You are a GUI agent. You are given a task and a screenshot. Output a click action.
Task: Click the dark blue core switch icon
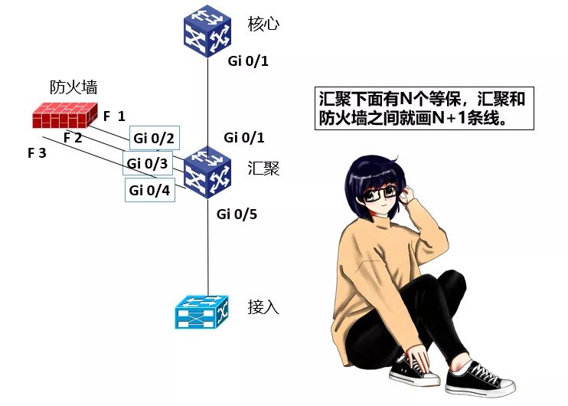point(208,31)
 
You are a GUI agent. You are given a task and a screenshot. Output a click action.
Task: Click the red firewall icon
point(64,115)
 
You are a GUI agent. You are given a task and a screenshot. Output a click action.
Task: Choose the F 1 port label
point(114,116)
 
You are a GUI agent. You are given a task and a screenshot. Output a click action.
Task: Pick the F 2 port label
point(73,138)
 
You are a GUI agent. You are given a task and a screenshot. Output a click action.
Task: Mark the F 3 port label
point(37,153)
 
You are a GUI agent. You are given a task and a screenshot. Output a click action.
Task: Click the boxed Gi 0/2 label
point(154,138)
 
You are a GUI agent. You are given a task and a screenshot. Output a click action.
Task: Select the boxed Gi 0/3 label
point(147,163)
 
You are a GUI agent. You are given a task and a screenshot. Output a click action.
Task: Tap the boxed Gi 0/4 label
point(149,189)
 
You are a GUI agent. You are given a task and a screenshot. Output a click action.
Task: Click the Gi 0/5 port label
point(237,214)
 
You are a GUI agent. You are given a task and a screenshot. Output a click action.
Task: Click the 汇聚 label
point(263,168)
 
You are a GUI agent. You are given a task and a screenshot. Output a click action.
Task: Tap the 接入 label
point(263,307)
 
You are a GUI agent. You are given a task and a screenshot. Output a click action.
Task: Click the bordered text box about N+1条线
point(420,108)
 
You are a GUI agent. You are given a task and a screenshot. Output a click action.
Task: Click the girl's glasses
point(381,194)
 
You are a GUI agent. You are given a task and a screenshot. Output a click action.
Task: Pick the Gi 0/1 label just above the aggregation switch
point(244,138)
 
